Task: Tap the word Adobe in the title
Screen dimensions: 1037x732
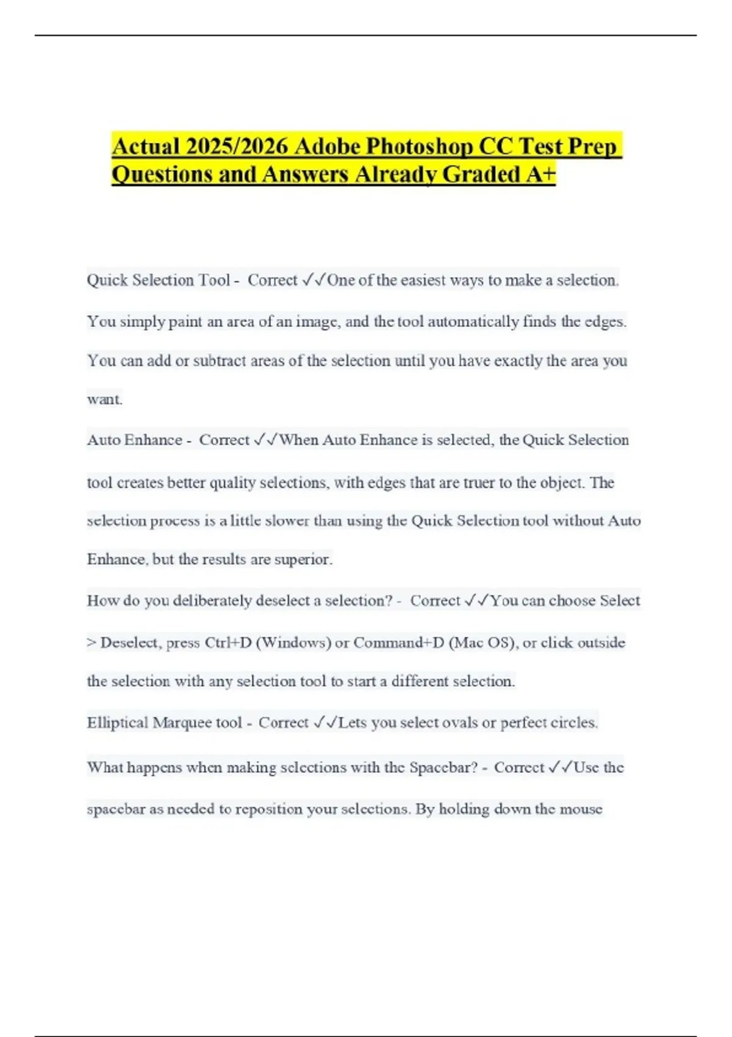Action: pyautogui.click(x=328, y=147)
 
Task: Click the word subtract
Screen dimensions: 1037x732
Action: pyautogui.click(x=219, y=361)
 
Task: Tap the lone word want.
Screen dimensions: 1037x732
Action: pyautogui.click(x=104, y=400)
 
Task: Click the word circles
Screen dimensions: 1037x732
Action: pyautogui.click(x=573, y=723)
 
